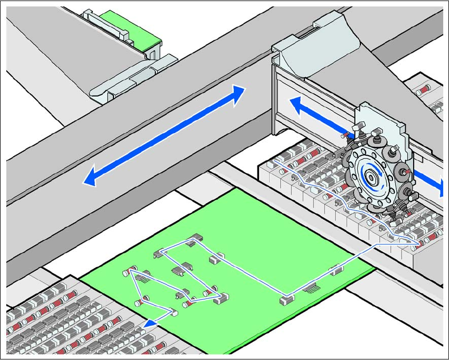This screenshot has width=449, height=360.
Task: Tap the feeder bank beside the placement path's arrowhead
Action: click(x=79, y=322)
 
